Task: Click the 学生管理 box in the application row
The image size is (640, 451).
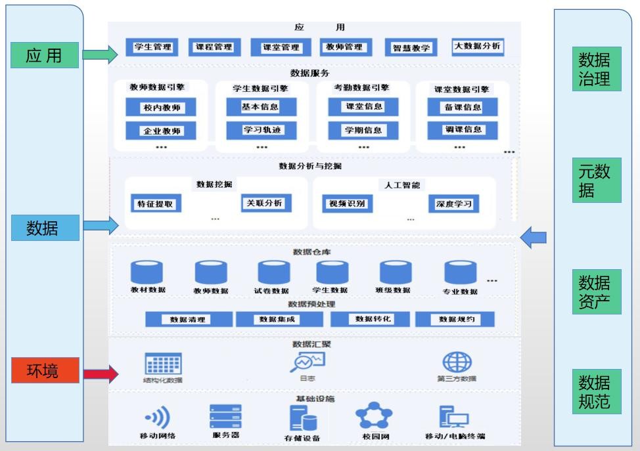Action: [x=152, y=47]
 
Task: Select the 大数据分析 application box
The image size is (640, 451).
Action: [x=477, y=47]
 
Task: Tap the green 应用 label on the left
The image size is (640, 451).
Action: [x=44, y=56]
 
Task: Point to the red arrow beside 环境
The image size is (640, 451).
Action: [x=100, y=374]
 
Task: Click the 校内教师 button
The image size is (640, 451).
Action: [x=161, y=108]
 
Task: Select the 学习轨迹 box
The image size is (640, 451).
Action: [x=261, y=129]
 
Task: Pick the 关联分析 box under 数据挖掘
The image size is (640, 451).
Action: [x=265, y=203]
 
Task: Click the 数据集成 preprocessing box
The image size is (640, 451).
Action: [x=279, y=319]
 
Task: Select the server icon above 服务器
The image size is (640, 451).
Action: [x=225, y=417]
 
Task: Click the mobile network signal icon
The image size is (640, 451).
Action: [x=158, y=417]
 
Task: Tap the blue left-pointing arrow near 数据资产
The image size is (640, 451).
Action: [x=533, y=236]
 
